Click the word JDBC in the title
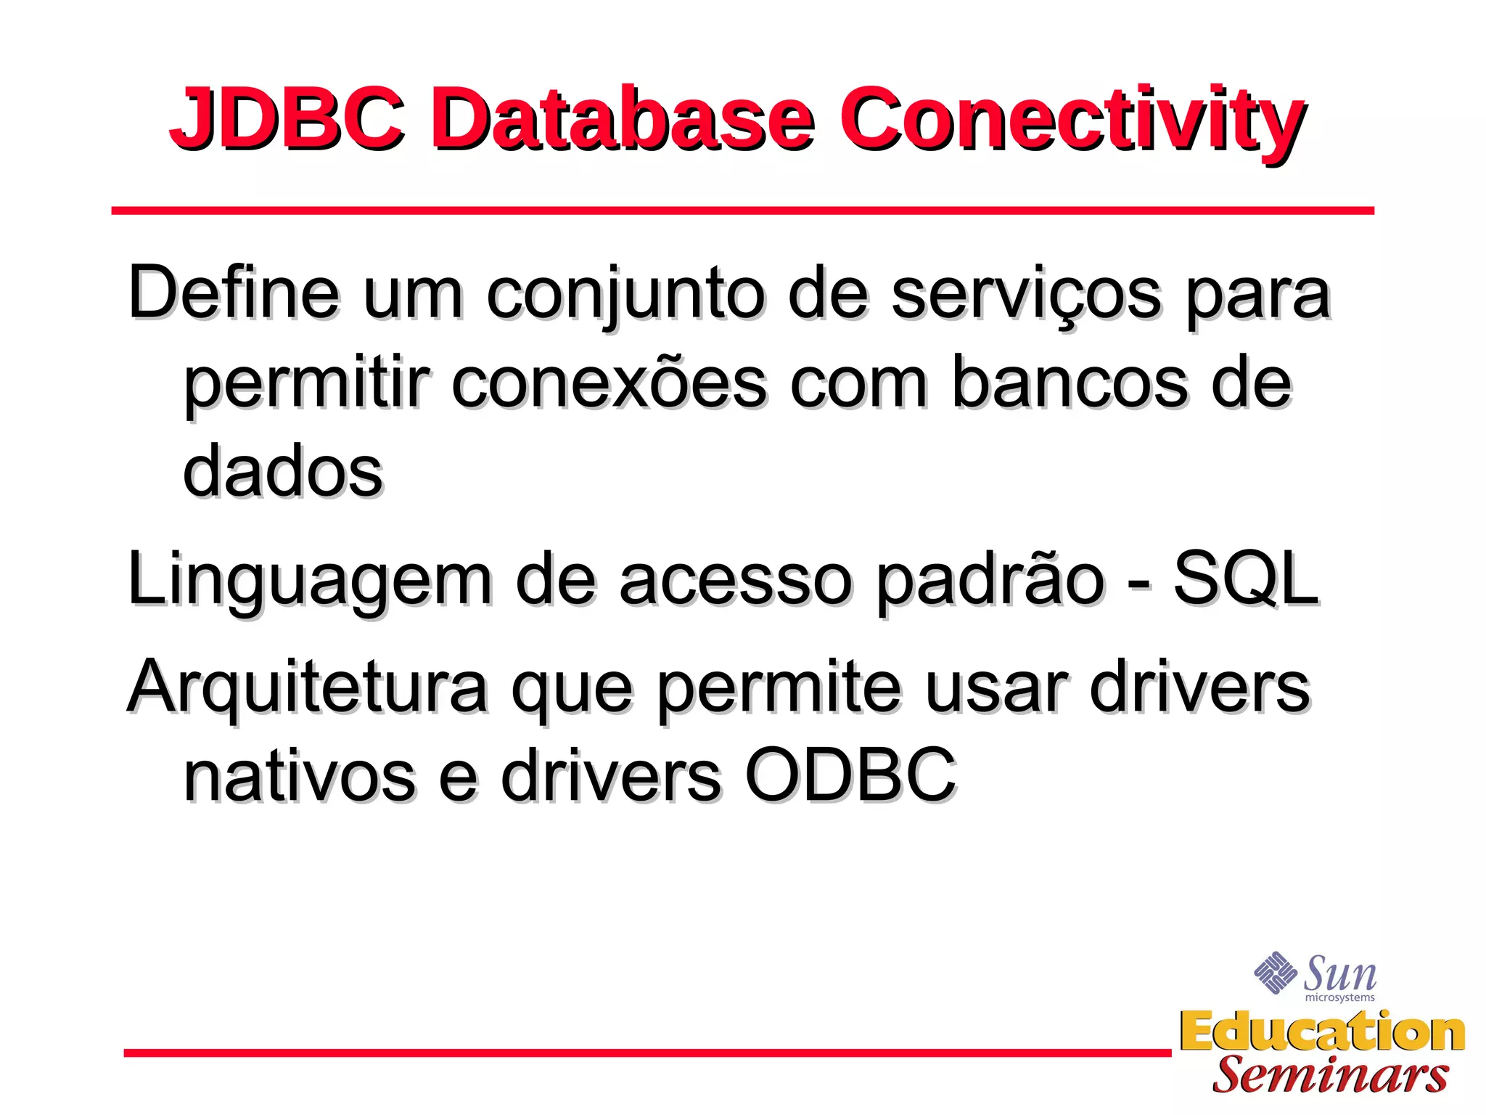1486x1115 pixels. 287,118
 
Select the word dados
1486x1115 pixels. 282,472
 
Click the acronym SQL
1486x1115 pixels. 1245,579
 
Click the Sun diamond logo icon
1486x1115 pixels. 1275,972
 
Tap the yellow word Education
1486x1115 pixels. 1322,1032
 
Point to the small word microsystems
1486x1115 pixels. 1339,998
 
